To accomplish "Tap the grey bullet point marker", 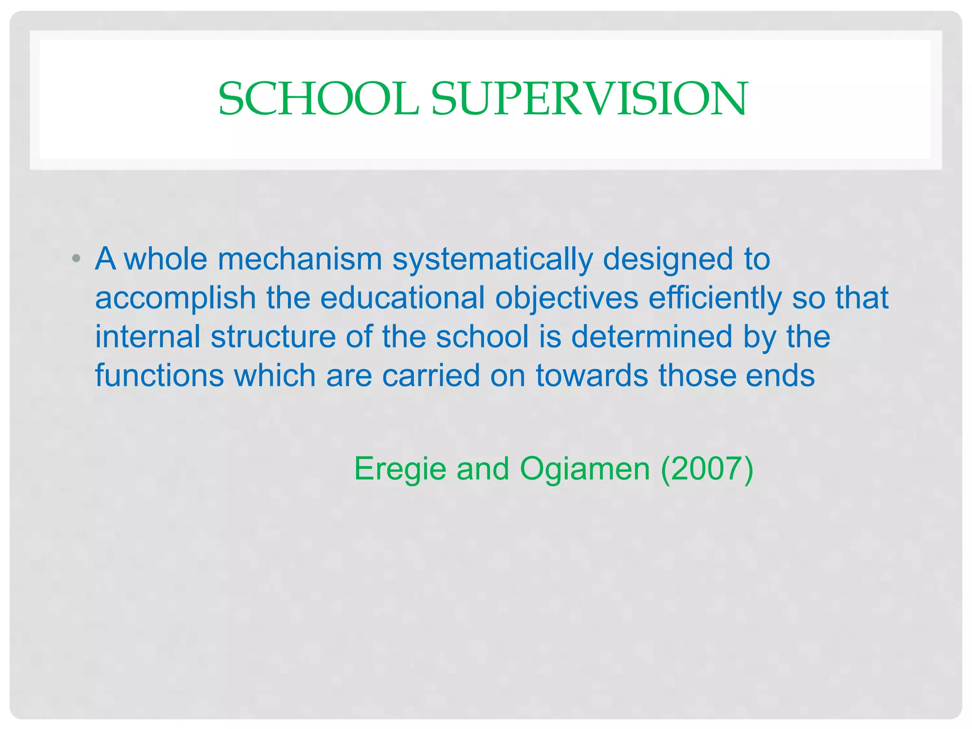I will coord(76,259).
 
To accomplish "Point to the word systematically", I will coord(493,260).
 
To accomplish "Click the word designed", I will coord(668,260).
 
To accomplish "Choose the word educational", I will coord(402,298).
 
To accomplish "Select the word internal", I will coord(148,337).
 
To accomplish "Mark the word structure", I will coord(273,337).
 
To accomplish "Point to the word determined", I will coord(652,337).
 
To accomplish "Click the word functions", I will coord(159,376).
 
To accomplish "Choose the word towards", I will coord(592,376).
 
